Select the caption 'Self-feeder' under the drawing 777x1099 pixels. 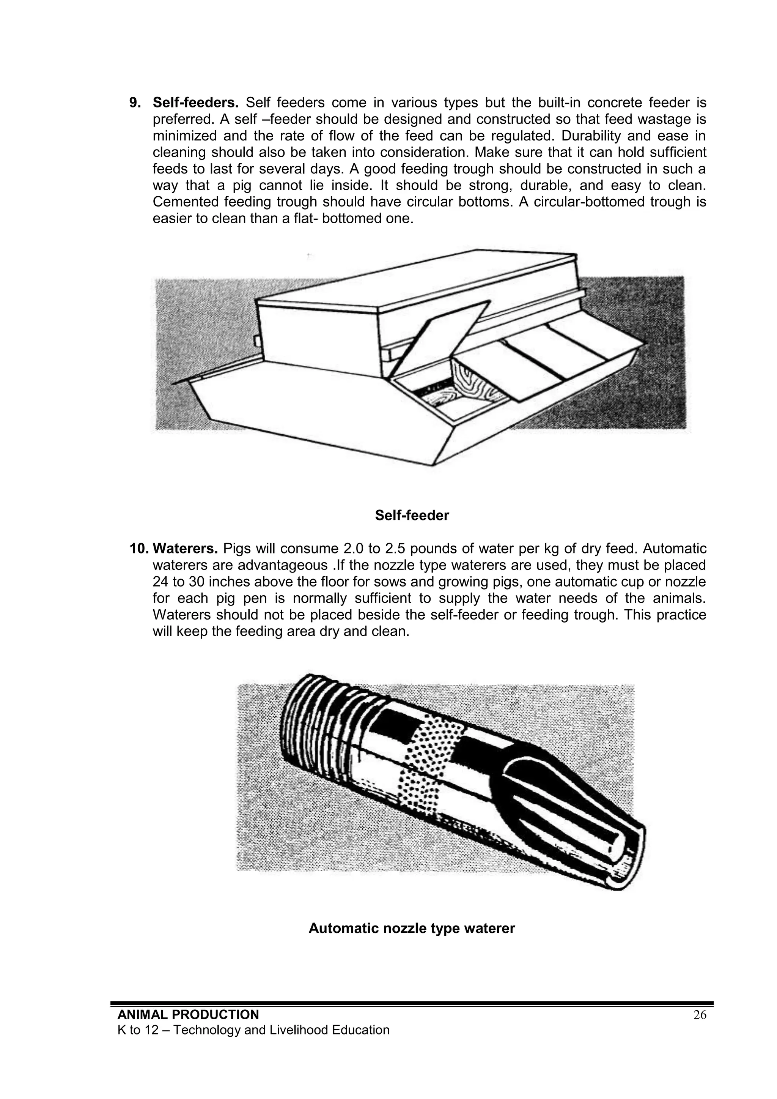pyautogui.click(x=412, y=516)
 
